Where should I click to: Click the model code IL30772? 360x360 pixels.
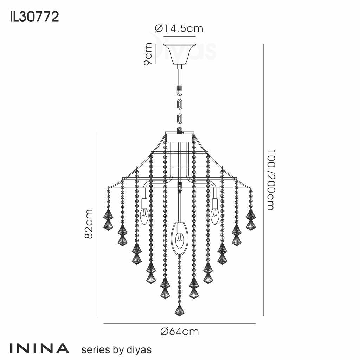pyautogui.click(x=34, y=17)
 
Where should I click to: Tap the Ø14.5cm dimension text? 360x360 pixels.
pyautogui.click(x=179, y=28)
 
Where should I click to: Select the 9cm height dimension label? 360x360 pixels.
pyautogui.click(x=149, y=54)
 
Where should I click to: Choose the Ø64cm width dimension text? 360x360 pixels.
pyautogui.click(x=179, y=332)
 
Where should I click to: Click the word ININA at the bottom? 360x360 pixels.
pyautogui.click(x=39, y=348)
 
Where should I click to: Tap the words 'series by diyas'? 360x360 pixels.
pyautogui.click(x=116, y=349)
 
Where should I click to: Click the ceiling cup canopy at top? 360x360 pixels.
pyautogui.click(x=179, y=53)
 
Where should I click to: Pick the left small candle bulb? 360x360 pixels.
pyautogui.click(x=144, y=216)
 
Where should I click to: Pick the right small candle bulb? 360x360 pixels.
pyautogui.click(x=215, y=216)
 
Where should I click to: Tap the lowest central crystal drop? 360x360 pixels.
pyautogui.click(x=180, y=310)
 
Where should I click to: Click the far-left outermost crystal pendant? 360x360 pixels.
pyautogui.click(x=108, y=220)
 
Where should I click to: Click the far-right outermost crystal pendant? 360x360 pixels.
pyautogui.click(x=251, y=220)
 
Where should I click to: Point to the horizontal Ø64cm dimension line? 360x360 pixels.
pyautogui.click(x=179, y=324)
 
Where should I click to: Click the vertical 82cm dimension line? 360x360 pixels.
pyautogui.click(x=96, y=224)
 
